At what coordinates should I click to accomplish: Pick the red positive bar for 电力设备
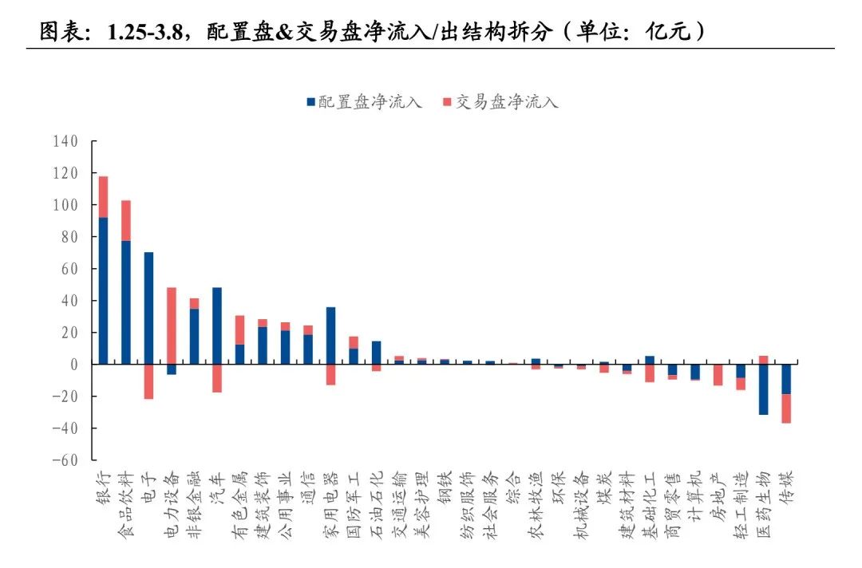coord(172,325)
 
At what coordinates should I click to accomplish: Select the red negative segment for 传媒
coord(786,408)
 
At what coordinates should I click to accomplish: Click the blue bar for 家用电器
coord(330,335)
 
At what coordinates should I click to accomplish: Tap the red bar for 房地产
coord(718,375)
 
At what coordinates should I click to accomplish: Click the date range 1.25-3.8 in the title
coord(144,32)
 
